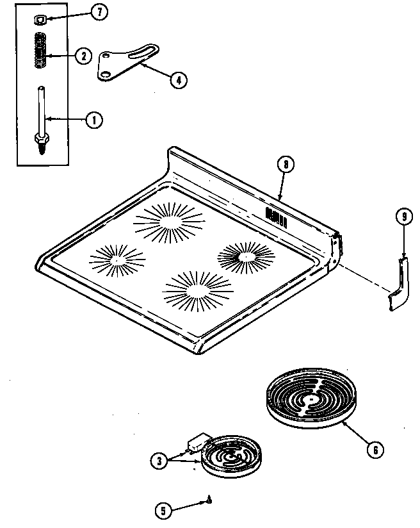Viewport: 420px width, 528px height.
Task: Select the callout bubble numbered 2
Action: (x=83, y=56)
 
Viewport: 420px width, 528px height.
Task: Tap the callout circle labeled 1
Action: (x=94, y=119)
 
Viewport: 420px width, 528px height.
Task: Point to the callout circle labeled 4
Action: (x=179, y=79)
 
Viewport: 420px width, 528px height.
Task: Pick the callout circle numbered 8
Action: (x=286, y=164)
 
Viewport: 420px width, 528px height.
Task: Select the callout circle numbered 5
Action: (x=164, y=511)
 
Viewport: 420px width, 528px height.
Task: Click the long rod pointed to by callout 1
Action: (x=42, y=109)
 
